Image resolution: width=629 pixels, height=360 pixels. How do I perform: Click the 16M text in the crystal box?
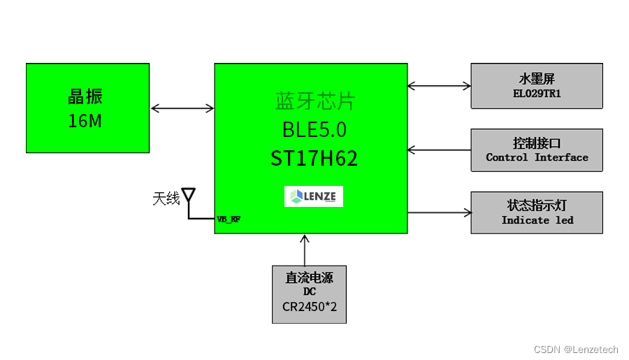[85, 121]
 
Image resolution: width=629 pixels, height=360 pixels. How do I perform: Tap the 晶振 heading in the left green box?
[85, 97]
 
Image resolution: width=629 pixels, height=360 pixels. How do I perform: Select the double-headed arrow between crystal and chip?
[182, 108]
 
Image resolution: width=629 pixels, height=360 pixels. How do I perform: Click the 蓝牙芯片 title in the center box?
[315, 101]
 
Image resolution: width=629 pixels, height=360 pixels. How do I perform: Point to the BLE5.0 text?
[314, 130]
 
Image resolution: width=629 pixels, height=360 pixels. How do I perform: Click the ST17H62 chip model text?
[314, 158]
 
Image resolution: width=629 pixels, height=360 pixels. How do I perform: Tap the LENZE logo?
[314, 196]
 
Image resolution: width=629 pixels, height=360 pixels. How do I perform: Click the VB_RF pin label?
[229, 219]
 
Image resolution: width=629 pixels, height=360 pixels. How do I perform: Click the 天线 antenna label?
[166, 199]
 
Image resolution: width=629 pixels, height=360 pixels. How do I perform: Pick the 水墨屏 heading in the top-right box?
[537, 79]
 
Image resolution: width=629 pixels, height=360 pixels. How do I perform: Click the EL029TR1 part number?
[537, 94]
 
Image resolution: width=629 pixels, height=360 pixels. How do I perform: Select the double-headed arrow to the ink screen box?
[439, 86]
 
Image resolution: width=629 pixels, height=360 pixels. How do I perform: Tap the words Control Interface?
[537, 157]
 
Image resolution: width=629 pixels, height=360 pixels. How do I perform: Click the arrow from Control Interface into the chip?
[439, 149]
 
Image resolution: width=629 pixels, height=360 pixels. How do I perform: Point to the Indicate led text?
[537, 220]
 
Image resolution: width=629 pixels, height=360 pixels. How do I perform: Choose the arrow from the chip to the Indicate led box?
[439, 212]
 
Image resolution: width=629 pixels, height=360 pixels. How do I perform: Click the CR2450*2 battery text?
[310, 307]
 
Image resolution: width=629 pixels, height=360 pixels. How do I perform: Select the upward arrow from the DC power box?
[304, 250]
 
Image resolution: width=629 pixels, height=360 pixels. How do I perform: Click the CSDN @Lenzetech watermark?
[576, 350]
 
